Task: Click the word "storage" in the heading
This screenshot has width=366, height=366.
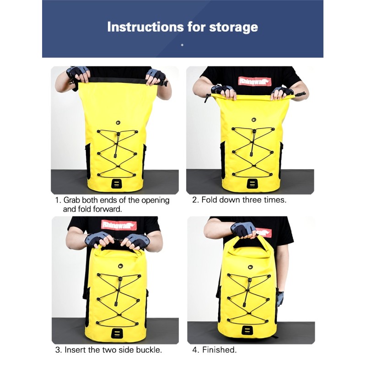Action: click(x=233, y=27)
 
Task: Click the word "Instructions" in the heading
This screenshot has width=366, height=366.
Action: click(x=145, y=27)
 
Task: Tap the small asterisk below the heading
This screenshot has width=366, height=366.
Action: click(x=182, y=45)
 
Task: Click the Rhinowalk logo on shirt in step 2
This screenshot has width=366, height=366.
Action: click(x=255, y=82)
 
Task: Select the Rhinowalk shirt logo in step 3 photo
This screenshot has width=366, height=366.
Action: click(x=118, y=225)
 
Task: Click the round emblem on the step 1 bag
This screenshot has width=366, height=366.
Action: click(x=118, y=123)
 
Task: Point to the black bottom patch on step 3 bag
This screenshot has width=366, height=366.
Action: click(x=117, y=334)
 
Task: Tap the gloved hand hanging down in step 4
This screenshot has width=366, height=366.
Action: click(x=280, y=298)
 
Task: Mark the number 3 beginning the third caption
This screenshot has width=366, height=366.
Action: click(x=58, y=350)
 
